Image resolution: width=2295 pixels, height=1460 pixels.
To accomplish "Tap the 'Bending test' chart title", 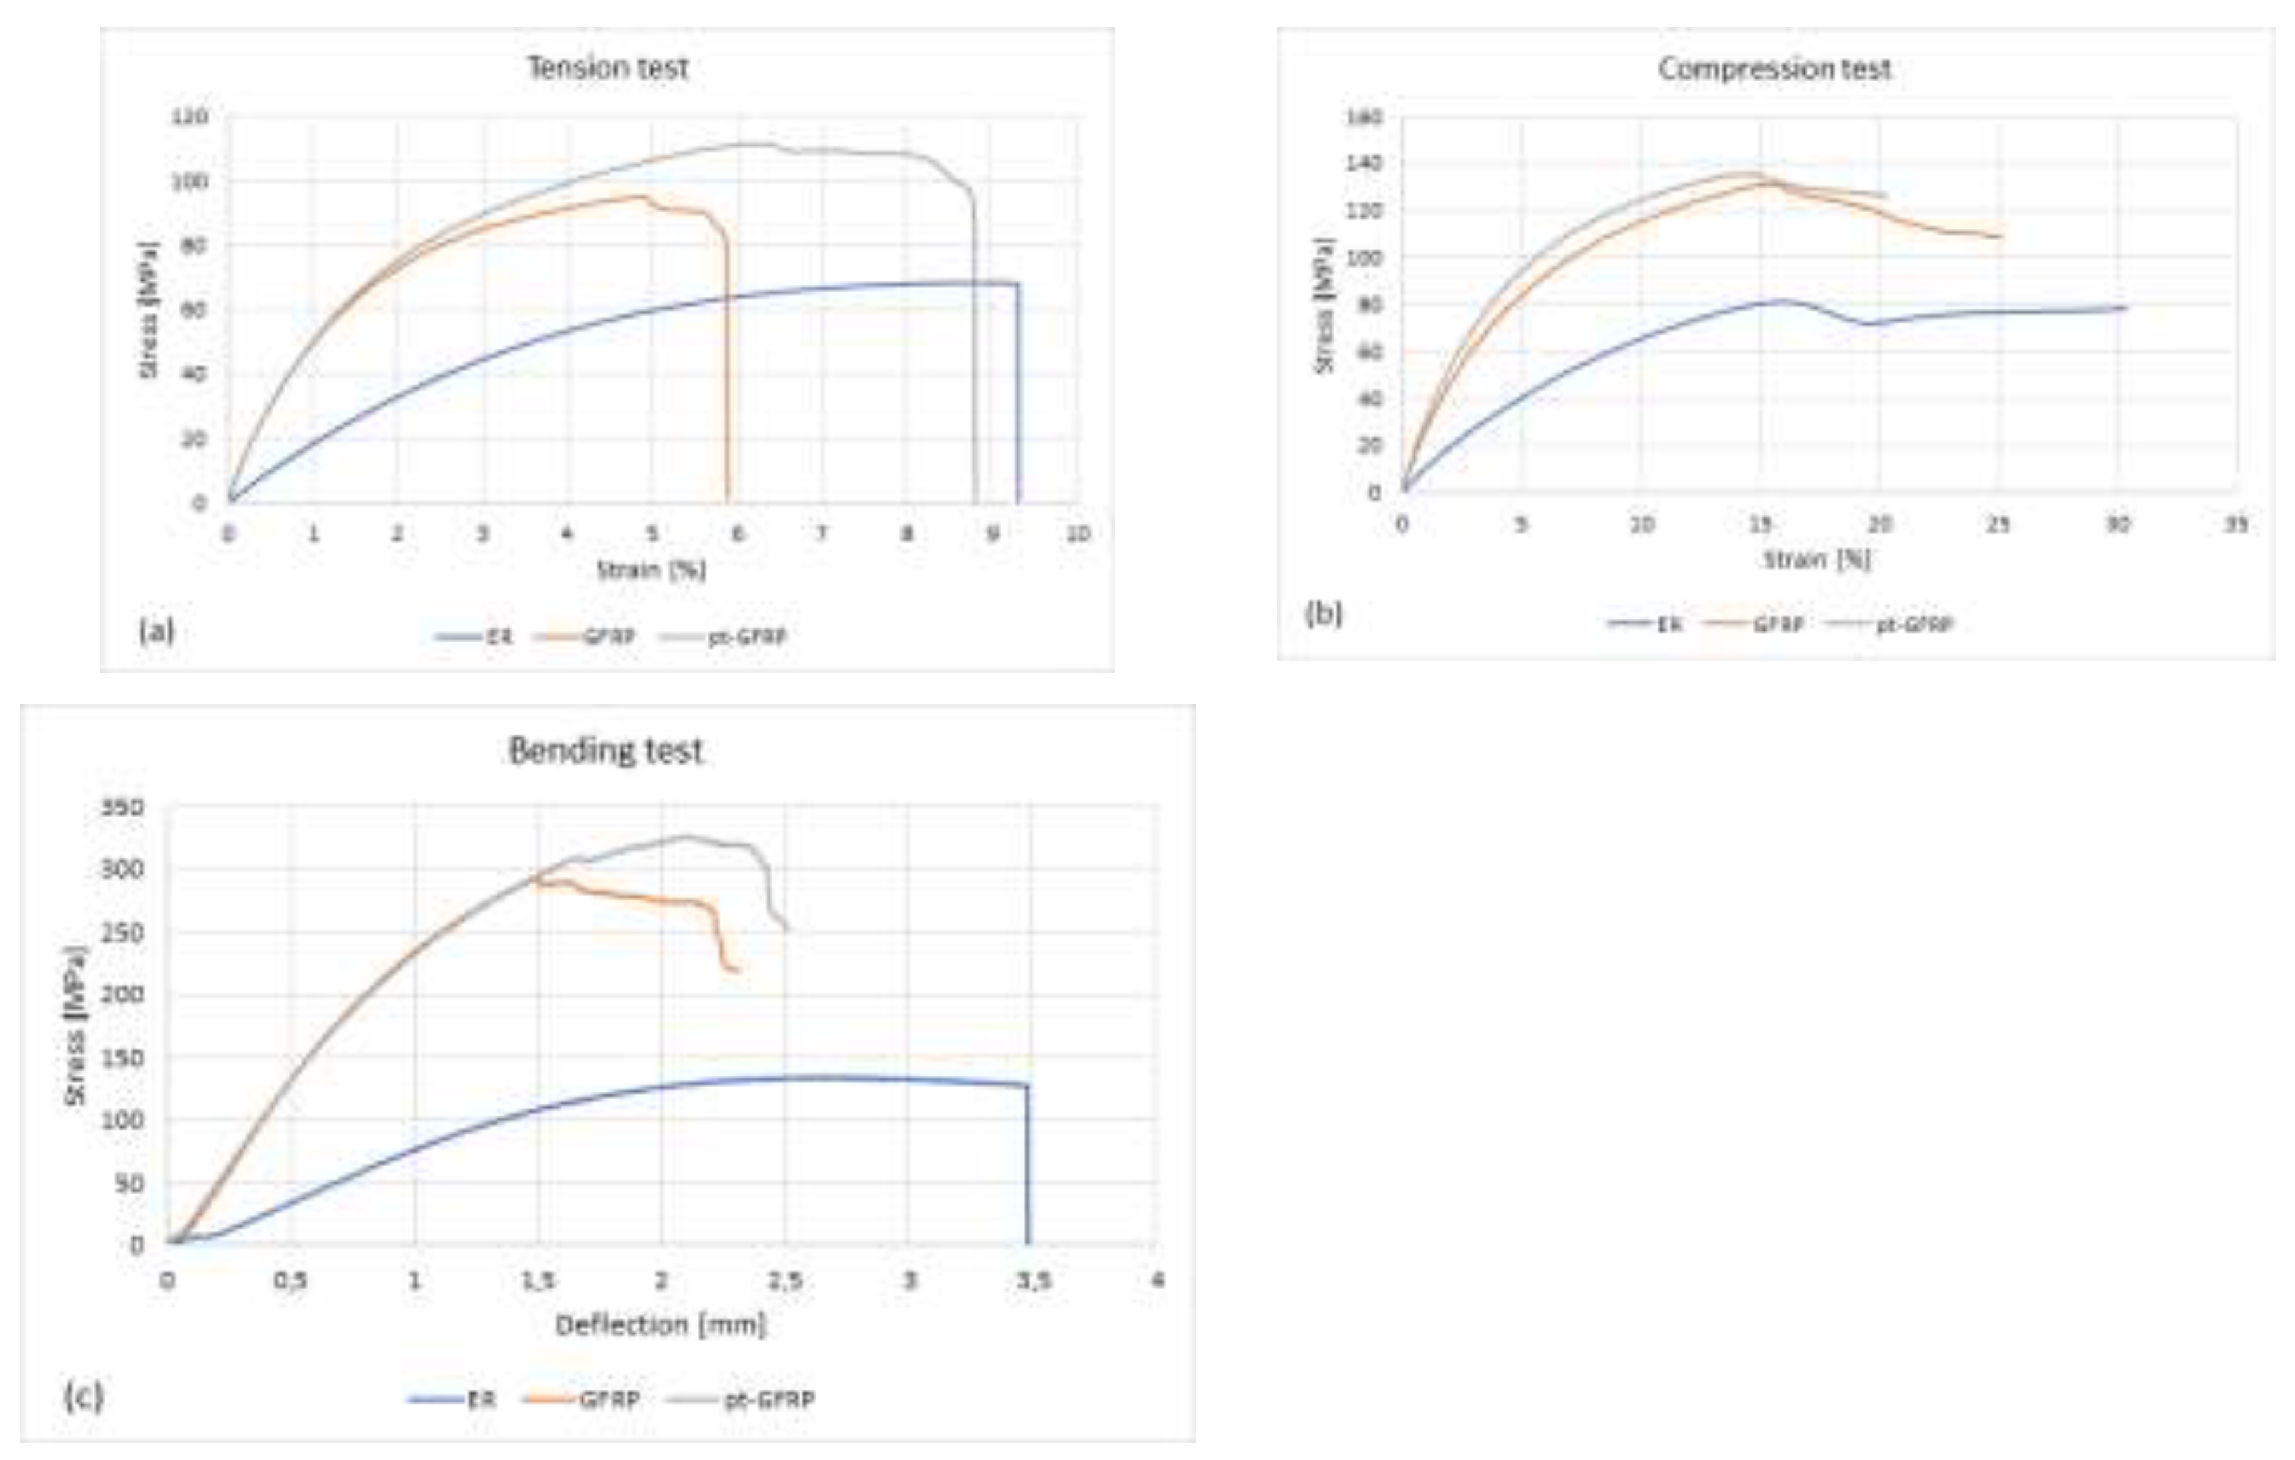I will (x=606, y=751).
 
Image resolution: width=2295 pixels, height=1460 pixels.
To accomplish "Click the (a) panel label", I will (x=156, y=630).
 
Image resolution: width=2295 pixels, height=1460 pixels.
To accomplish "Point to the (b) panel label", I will (x=1323, y=614).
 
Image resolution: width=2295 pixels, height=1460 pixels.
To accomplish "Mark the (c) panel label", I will (x=83, y=1397).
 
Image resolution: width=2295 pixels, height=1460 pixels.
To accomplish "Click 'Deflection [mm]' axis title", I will (x=661, y=1325).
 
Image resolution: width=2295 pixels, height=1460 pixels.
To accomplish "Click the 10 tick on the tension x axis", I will (x=1077, y=534).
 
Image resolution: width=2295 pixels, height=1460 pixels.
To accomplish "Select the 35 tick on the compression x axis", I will (x=2236, y=525).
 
